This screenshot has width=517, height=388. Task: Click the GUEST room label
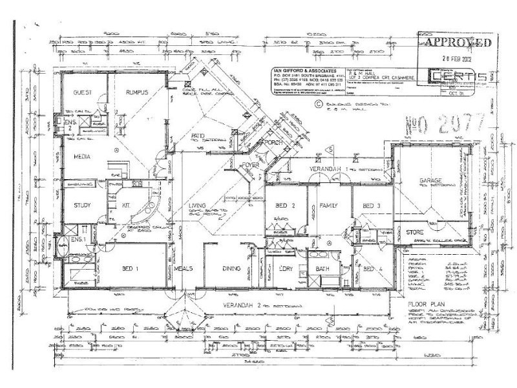pos(83,92)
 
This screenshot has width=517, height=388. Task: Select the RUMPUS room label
pos(137,92)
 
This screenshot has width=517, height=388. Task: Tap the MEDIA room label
pos(81,156)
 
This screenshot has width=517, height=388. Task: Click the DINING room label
pos(231,268)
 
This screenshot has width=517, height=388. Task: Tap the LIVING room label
pos(196,207)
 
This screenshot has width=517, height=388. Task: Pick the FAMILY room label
pos(329,206)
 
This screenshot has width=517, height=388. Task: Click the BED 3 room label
pos(369,206)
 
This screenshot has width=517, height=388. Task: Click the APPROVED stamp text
pos(458,43)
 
